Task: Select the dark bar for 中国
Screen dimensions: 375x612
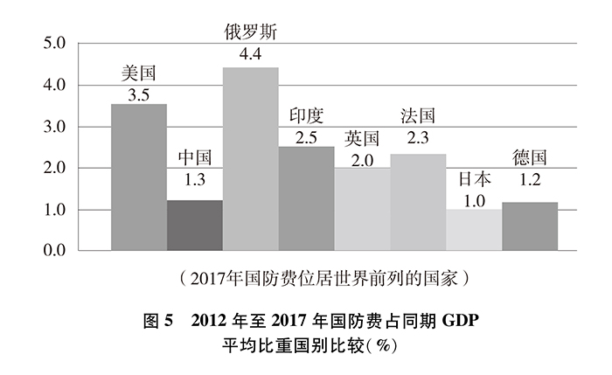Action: [x=194, y=226]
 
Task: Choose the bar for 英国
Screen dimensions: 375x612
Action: [x=362, y=209]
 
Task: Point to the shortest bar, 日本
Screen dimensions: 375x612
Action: [x=474, y=230]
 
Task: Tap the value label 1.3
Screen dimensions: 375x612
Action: [x=194, y=181]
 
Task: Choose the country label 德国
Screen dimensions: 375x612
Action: [x=530, y=158]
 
